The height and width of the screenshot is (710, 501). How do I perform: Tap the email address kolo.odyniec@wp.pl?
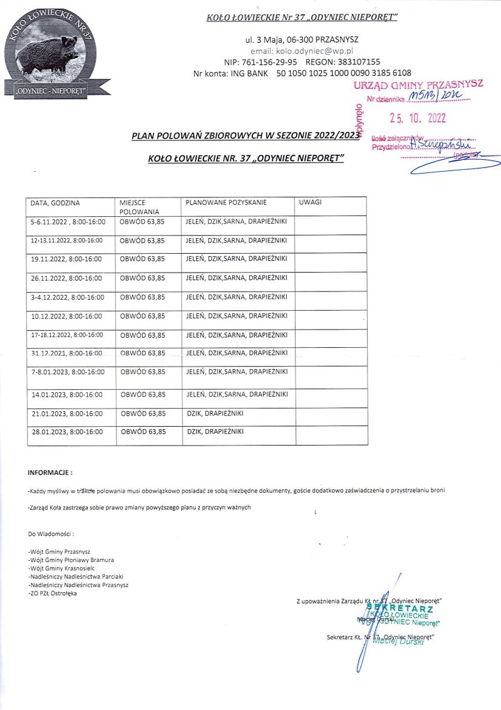pyautogui.click(x=302, y=51)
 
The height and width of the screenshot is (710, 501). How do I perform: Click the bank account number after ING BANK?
pyautogui.click(x=353, y=73)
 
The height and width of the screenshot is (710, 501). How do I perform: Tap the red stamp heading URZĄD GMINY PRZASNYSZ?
pyautogui.click(x=418, y=85)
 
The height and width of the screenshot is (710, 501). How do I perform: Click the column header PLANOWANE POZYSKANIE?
pyautogui.click(x=226, y=203)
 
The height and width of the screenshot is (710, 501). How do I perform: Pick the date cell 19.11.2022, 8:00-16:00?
pyautogui.click(x=66, y=258)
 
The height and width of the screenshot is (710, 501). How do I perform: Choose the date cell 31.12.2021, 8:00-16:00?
pyautogui.click(x=66, y=353)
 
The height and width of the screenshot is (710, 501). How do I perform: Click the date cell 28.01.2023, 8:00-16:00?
pyautogui.click(x=66, y=432)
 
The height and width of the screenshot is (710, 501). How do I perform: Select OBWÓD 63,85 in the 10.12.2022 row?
pyautogui.click(x=143, y=316)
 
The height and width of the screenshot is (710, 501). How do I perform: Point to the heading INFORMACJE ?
pyautogui.click(x=51, y=471)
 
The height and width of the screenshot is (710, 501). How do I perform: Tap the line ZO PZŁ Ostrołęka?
pyautogui.click(x=54, y=593)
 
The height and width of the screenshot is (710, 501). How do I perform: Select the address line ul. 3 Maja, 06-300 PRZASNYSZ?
pyautogui.click(x=301, y=39)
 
